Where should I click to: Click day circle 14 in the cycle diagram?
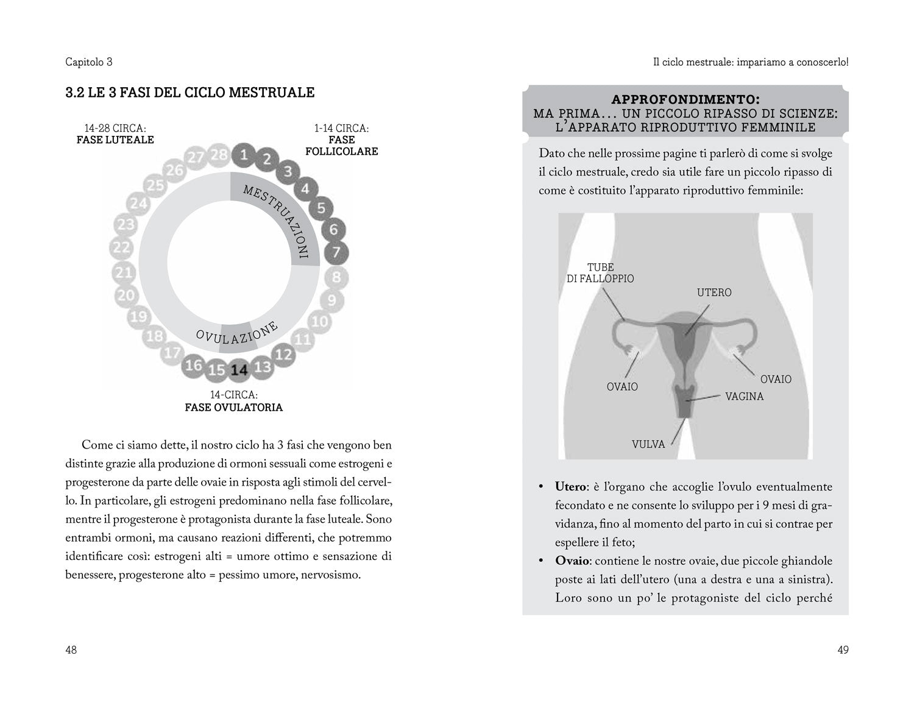[239, 370]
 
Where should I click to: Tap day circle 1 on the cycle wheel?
[244, 154]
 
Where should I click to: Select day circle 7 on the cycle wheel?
[337, 252]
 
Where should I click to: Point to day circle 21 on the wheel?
[124, 272]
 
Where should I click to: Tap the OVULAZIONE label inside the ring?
[237, 332]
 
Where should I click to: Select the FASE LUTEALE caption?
[115, 140]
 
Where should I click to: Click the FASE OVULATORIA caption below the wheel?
[233, 407]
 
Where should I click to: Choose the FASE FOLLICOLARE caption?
[341, 146]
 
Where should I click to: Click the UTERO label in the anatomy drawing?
[714, 292]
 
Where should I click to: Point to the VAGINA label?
[744, 396]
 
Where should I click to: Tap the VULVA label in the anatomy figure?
[648, 444]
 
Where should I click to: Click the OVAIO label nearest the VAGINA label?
[776, 379]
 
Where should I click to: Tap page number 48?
[71, 650]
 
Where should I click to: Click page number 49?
[843, 650]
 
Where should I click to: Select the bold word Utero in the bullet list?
[570, 487]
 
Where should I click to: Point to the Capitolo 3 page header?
[89, 62]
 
